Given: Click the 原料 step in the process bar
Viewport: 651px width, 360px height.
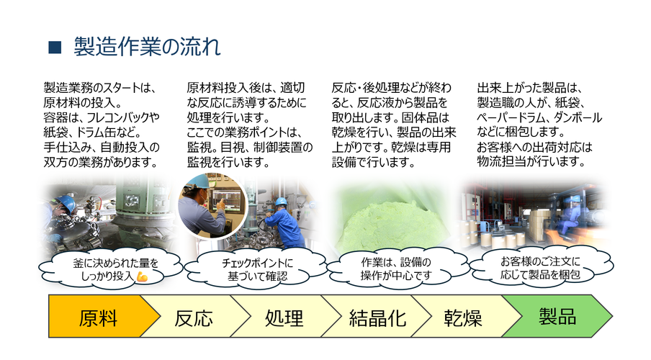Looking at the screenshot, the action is click(99, 316).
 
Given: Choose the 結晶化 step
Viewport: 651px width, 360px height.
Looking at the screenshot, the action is click(377, 316).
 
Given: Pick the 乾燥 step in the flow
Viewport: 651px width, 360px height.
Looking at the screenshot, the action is click(465, 316).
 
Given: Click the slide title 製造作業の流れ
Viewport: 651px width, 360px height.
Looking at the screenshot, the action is click(147, 47).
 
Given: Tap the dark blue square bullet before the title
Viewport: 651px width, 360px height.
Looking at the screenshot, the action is click(55, 48).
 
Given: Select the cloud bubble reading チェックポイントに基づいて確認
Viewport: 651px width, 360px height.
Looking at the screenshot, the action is click(256, 269).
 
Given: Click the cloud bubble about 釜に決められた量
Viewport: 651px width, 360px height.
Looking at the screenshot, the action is click(111, 269).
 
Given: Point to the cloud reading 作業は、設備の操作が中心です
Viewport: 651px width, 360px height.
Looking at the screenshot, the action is click(397, 269).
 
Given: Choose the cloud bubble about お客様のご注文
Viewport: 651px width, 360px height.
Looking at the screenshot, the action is click(541, 267).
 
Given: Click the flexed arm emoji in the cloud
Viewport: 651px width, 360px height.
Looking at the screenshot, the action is click(142, 276).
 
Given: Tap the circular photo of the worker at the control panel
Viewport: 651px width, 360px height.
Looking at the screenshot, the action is click(212, 207).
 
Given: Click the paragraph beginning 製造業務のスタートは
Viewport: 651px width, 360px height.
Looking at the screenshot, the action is click(102, 125).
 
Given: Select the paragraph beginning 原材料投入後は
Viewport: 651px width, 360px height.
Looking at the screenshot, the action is click(249, 125).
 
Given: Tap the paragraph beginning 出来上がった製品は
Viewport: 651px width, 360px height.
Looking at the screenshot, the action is click(539, 125).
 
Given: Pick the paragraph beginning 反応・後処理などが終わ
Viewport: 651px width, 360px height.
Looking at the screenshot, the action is click(394, 125).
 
